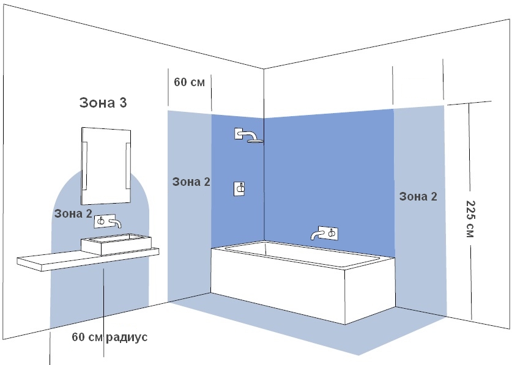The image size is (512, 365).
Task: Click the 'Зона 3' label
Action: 103,103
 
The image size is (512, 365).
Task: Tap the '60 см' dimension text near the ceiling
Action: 190,83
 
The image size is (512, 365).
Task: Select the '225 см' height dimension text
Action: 470,219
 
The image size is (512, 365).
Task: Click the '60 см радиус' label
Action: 109,337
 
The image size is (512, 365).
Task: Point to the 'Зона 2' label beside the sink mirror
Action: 73,213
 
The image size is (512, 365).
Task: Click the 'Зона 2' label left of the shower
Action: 191,182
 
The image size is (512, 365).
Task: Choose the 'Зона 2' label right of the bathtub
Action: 418,196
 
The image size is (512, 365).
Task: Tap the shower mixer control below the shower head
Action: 239,189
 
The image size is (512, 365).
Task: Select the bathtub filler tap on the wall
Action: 325,234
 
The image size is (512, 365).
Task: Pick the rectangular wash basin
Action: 116,244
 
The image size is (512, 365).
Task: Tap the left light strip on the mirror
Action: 84,166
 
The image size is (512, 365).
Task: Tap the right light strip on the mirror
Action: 128,166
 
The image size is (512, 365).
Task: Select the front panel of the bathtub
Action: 278,285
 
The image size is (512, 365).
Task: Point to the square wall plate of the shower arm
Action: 239,133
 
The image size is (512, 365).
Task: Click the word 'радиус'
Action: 127,337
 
